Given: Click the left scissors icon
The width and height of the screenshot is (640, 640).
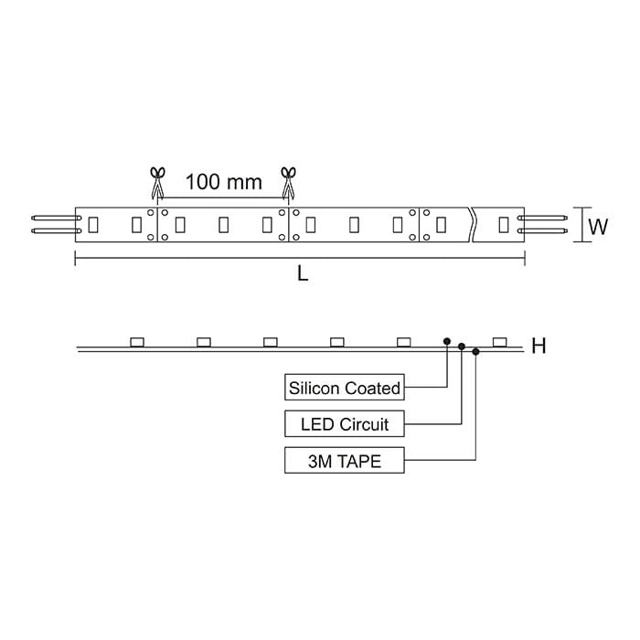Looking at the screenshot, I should [x=156, y=181].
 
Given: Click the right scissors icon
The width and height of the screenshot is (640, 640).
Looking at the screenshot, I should [x=289, y=181].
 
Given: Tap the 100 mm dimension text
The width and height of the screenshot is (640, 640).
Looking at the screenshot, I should [x=223, y=181].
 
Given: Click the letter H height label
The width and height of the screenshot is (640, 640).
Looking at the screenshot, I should [x=539, y=346].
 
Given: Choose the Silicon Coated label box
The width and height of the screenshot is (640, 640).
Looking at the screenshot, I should [x=345, y=388].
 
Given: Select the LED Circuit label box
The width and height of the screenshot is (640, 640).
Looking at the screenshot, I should [x=345, y=424].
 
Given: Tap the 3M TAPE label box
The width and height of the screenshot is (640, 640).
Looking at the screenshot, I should [x=345, y=461].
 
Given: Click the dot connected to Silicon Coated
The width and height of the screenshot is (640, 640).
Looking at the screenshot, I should [x=446, y=340].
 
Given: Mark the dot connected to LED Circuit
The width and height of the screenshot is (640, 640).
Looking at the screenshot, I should [x=462, y=347].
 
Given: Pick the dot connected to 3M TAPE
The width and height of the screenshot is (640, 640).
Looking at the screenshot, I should [x=476, y=351].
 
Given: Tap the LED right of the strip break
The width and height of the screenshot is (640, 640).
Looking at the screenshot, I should [x=502, y=223].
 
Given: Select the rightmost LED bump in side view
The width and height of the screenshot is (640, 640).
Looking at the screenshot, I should [x=499, y=342].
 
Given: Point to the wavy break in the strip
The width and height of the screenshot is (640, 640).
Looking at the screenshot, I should [x=473, y=223].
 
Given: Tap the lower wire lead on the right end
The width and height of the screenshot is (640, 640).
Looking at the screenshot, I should [x=547, y=230].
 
